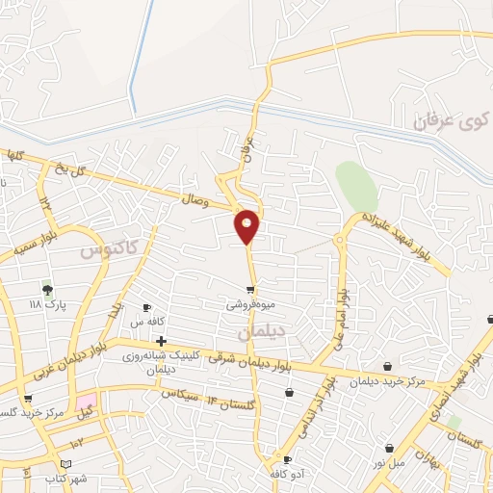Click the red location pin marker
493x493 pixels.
tap(247, 225)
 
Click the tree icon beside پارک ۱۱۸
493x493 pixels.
tap(47, 288)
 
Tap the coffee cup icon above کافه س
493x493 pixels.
tap(146, 307)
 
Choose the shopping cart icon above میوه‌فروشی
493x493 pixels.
tap(250, 290)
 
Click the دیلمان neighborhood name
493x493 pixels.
tap(262, 330)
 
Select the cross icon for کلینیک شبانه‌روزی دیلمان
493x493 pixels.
tap(161, 341)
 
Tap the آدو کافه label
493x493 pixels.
tap(287, 474)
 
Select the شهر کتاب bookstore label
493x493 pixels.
tap(66, 479)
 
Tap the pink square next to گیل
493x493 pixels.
tap(88, 399)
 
